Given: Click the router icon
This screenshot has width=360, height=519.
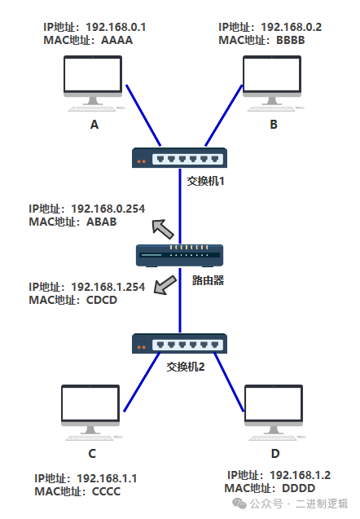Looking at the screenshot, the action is [180, 256].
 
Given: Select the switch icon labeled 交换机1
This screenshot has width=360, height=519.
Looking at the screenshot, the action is [179, 158].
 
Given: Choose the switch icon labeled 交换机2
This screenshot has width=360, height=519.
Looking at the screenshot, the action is [179, 344].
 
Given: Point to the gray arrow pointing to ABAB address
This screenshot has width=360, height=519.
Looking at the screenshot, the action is [162, 229].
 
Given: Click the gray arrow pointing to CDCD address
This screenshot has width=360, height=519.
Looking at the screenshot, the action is [165, 285].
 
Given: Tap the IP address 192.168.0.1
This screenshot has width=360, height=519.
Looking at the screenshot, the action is [116, 27].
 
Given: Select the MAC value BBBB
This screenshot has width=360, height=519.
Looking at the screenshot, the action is [291, 41].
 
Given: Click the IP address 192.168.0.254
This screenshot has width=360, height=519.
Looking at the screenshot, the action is [108, 209].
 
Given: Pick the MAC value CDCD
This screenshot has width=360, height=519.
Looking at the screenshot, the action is [102, 300].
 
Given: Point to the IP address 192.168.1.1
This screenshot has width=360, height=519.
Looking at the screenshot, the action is [107, 478].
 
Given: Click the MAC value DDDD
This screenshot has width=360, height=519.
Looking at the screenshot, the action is [298, 488].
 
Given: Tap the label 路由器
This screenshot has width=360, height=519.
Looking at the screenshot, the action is [209, 280].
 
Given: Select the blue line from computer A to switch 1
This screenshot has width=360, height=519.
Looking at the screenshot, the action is [143, 116].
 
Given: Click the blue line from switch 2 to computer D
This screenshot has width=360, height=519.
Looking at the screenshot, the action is [229, 382].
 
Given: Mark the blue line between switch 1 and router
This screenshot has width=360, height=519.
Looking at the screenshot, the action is [180, 206].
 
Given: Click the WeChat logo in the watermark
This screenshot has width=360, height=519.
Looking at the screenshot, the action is [239, 504].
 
